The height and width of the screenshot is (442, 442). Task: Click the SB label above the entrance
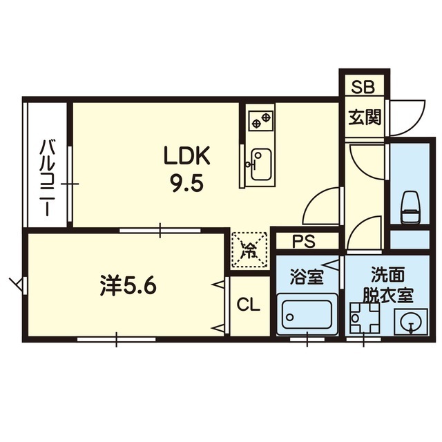363,87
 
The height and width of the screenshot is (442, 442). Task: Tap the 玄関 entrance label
365,117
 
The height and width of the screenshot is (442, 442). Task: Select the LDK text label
187,155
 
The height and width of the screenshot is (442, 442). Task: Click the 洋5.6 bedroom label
128,287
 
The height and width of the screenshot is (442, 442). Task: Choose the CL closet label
248,305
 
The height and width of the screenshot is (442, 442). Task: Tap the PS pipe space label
303,241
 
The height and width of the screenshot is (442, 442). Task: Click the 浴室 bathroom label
307,277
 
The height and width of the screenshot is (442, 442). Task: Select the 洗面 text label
387,275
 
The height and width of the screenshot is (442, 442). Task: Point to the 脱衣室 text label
387,295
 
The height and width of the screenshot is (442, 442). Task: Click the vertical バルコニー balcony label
47,177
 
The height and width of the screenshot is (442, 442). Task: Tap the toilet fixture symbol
410,207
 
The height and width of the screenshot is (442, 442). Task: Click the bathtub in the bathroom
307,314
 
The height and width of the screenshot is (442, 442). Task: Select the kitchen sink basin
261,164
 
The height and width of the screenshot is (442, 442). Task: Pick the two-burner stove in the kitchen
261,120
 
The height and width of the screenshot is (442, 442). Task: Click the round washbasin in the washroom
411,322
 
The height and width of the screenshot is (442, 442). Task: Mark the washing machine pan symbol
365,318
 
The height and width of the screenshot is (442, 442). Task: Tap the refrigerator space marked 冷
249,249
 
